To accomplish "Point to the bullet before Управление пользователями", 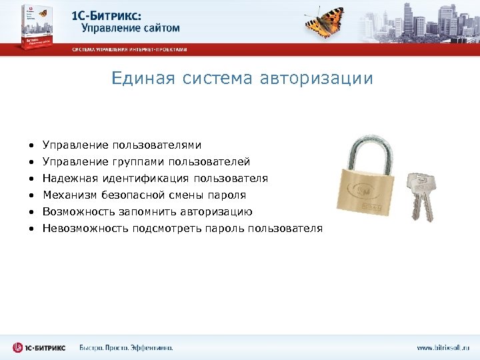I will click(31, 145).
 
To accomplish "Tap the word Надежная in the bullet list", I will click(69, 178).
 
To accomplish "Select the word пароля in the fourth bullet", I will click(229, 195).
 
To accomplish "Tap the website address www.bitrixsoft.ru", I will click(443, 347).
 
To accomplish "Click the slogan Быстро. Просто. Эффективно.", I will click(126, 347).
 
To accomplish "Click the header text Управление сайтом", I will click(131, 27).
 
